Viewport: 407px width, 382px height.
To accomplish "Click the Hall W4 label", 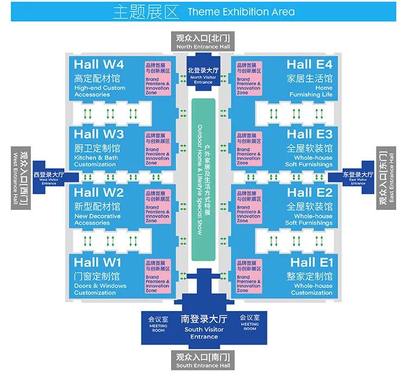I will (x=99, y=65).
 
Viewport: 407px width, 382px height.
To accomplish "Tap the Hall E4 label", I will (x=309, y=65).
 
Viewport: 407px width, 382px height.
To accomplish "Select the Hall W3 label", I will (x=99, y=134).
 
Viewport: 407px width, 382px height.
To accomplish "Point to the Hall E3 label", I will (x=309, y=134).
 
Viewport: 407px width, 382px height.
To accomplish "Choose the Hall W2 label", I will (x=99, y=193).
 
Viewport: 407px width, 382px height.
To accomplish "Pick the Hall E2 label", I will (x=309, y=193).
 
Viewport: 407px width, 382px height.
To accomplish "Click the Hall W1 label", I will (x=99, y=263).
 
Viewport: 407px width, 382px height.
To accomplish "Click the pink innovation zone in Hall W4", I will (x=157, y=79).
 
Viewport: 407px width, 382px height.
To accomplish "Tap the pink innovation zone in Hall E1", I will (x=249, y=277).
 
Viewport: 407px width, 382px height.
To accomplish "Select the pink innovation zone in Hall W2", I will (x=157, y=207).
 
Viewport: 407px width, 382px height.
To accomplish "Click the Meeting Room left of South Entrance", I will (x=158, y=322).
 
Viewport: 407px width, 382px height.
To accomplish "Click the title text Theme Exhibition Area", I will (x=241, y=12).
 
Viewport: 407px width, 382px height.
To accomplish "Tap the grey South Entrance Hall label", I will (x=203, y=361).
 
